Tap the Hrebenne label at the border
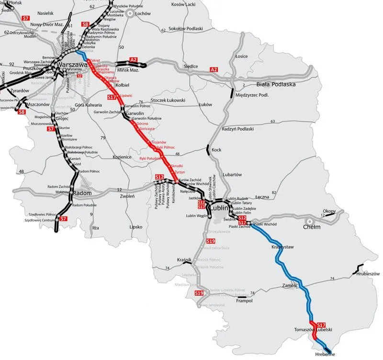[x=325, y=354]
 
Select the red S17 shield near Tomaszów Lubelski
[x=321, y=325]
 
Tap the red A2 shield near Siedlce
[x=215, y=70]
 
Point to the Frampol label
[x=244, y=302]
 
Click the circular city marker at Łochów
[x=130, y=14]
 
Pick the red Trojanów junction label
[x=158, y=142]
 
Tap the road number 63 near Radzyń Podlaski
[x=272, y=122]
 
